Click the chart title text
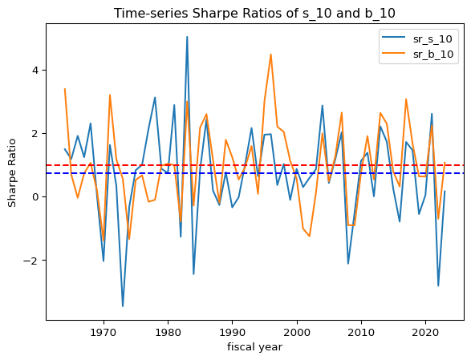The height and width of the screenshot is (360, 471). (254, 14)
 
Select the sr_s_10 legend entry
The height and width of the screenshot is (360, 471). (417, 38)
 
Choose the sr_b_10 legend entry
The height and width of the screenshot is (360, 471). (417, 54)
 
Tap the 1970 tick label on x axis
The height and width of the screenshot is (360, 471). (104, 333)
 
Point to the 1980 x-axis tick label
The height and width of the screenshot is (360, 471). (169, 333)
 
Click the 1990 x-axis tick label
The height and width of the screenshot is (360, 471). (233, 333)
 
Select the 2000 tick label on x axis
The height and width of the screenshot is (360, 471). (297, 333)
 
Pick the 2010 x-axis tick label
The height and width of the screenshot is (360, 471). (361, 333)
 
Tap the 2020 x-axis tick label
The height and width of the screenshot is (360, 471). (425, 333)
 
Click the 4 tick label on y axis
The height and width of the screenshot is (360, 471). (36, 71)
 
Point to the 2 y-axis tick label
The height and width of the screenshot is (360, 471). (36, 134)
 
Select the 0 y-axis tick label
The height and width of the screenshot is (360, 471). (36, 197)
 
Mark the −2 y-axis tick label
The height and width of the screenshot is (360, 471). (31, 261)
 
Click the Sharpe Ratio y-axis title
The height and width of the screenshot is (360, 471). (12, 173)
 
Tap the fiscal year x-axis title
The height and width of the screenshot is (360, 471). (254, 347)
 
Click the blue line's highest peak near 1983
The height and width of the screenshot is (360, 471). (187, 37)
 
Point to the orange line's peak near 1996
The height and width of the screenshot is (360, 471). (271, 55)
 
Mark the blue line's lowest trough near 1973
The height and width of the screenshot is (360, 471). (123, 306)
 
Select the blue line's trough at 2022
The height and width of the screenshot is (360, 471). (438, 286)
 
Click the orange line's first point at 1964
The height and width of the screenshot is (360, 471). (65, 89)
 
